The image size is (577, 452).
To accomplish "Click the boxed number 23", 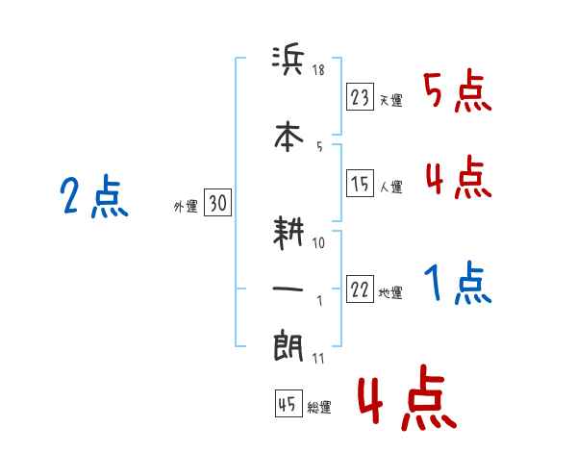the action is click(x=361, y=97).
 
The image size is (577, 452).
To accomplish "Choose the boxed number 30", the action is click(x=218, y=203).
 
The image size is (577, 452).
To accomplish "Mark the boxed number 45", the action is click(x=288, y=405).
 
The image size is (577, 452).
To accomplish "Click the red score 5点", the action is click(x=458, y=92).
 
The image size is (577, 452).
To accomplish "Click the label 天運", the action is click(x=390, y=100).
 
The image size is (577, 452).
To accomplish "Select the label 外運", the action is click(x=185, y=206).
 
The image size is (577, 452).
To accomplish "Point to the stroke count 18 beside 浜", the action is click(x=319, y=69).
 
